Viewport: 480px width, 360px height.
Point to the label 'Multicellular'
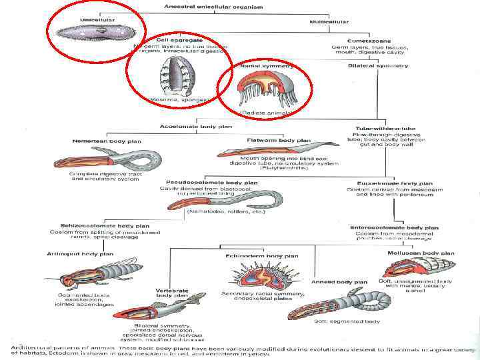point(329,22)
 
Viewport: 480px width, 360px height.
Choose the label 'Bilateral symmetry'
point(381,65)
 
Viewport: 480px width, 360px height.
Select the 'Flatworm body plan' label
point(279,141)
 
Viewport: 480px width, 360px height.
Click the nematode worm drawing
point(241,199)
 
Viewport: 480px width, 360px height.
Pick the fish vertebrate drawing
point(186,310)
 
